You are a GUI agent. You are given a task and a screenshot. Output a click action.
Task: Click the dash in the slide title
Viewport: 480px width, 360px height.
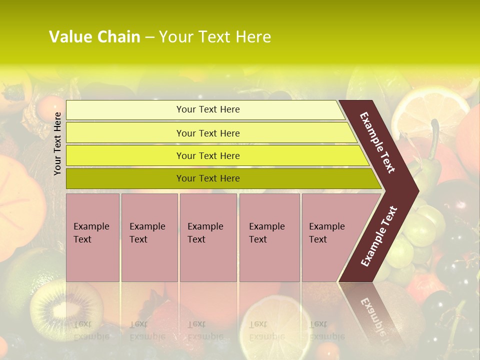(149, 37)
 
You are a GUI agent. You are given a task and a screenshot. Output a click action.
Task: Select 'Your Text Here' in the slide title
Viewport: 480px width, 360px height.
(215, 37)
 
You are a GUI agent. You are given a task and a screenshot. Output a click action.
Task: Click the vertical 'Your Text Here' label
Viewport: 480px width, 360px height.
(57, 143)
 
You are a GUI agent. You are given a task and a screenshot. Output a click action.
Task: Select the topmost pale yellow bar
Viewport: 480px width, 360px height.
(205, 110)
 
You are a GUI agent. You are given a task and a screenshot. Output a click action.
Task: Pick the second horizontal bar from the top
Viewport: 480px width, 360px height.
(210, 133)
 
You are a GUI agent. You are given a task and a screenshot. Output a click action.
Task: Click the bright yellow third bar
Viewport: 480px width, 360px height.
(215, 155)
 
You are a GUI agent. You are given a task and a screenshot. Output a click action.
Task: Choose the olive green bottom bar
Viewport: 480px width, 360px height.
(220, 178)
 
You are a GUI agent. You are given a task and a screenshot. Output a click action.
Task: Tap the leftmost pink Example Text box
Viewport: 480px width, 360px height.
(92, 237)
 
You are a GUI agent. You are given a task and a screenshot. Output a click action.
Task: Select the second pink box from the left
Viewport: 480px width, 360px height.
(149, 237)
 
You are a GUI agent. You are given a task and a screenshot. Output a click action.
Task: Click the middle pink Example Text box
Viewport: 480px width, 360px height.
(208, 237)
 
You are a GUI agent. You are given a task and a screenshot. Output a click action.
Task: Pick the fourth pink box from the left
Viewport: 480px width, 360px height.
(269, 237)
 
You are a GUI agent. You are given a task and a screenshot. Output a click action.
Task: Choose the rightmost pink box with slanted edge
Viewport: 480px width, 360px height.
(330, 237)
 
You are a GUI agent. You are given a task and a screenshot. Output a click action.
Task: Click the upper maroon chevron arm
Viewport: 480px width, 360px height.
(378, 142)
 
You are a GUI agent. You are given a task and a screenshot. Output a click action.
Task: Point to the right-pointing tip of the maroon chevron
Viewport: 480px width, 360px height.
(416, 190)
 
